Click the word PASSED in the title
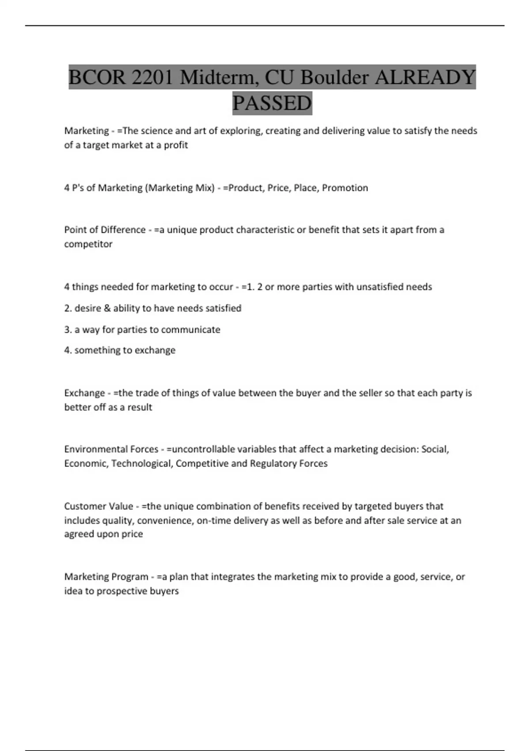click(x=272, y=103)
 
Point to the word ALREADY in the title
click(x=425, y=78)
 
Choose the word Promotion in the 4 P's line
click(x=345, y=188)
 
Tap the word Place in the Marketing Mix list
click(x=305, y=188)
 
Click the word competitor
click(x=88, y=244)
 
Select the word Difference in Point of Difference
click(x=123, y=230)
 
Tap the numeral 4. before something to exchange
click(x=68, y=350)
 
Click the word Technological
click(x=141, y=463)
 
